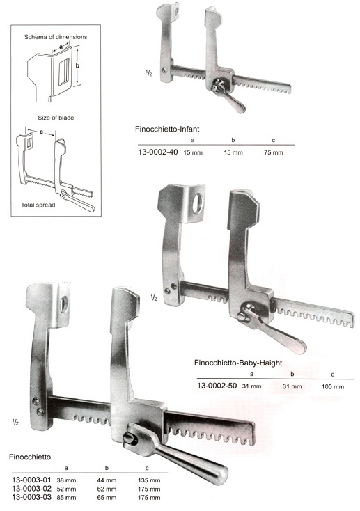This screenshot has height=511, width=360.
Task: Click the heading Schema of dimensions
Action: pyautogui.click(x=56, y=37)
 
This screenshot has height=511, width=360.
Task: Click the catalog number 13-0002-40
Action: pyautogui.click(x=158, y=152)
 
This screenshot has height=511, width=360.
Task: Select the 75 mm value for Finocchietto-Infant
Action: pyautogui.click(x=274, y=152)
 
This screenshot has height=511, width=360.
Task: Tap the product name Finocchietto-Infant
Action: pyautogui.click(x=167, y=129)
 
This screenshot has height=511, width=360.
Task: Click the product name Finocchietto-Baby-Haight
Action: pyautogui.click(x=238, y=363)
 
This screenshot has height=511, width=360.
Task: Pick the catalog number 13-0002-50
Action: pyautogui.click(x=217, y=386)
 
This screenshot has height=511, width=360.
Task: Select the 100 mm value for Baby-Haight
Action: pyautogui.click(x=333, y=387)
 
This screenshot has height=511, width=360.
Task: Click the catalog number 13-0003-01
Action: pyautogui.click(x=31, y=480)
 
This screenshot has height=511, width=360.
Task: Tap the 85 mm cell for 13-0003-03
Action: pyautogui.click(x=67, y=498)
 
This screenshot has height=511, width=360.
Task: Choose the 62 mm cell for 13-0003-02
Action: pyautogui.click(x=107, y=489)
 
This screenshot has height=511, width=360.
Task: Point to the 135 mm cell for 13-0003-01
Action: pyautogui.click(x=149, y=480)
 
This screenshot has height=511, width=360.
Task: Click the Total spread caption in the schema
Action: pyautogui.click(x=38, y=205)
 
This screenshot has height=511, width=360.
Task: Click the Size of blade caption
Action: pyautogui.click(x=56, y=118)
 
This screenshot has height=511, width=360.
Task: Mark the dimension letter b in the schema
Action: pyautogui.click(x=77, y=66)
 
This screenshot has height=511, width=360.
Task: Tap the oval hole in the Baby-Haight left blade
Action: pyautogui.click(x=198, y=204)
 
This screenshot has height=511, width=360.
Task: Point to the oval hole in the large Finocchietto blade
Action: pyautogui.click(x=64, y=304)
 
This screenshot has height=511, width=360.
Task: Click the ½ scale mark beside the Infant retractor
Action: pyautogui.click(x=149, y=74)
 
